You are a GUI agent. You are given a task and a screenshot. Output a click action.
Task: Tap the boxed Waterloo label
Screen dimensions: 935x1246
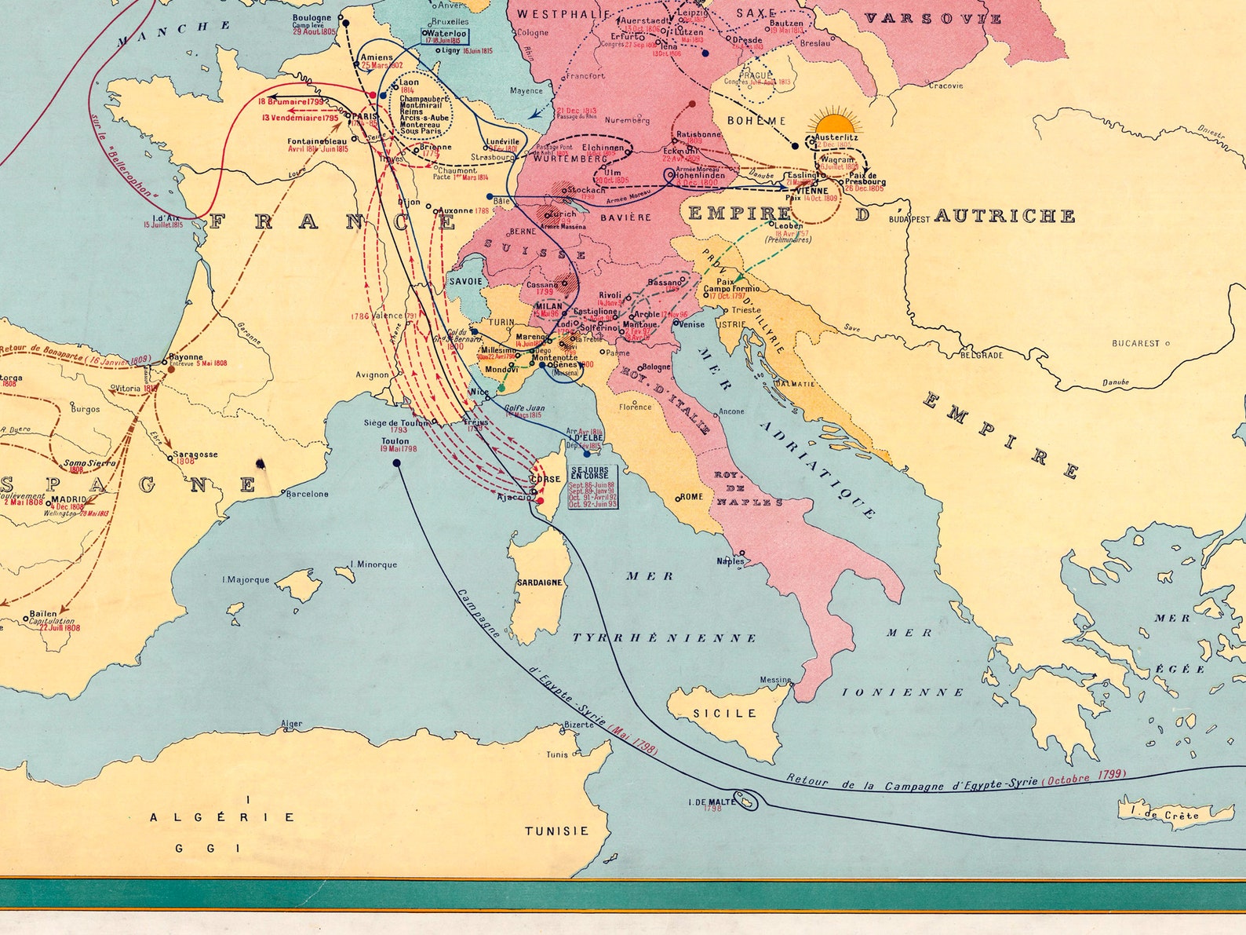click(x=446, y=36)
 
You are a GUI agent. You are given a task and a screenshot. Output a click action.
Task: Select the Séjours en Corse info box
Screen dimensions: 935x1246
click(x=592, y=487)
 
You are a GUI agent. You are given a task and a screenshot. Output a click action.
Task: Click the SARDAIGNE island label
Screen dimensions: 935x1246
click(x=539, y=583)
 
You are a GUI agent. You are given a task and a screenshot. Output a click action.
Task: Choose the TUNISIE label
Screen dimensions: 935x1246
click(x=556, y=831)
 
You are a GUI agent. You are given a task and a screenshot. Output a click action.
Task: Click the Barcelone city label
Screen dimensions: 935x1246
click(x=307, y=494)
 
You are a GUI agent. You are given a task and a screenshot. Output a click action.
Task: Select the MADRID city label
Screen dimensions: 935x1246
click(x=68, y=499)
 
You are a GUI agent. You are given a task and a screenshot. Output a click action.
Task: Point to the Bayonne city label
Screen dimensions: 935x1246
click(x=186, y=357)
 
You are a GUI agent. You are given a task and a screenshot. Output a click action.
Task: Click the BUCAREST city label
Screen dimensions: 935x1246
click(x=1135, y=343)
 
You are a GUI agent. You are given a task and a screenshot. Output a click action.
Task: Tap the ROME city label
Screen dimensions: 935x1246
click(x=691, y=496)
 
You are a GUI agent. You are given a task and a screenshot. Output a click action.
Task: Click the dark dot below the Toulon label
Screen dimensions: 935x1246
click(x=396, y=463)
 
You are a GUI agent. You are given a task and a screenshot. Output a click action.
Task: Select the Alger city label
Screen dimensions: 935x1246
click(x=292, y=724)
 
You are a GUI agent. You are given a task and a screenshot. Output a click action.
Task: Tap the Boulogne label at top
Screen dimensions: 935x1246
click(x=311, y=18)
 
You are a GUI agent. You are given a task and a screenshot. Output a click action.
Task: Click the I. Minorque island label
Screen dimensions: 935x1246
click(x=373, y=564)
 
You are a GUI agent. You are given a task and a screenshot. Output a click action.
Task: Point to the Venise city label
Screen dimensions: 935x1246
click(x=691, y=324)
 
